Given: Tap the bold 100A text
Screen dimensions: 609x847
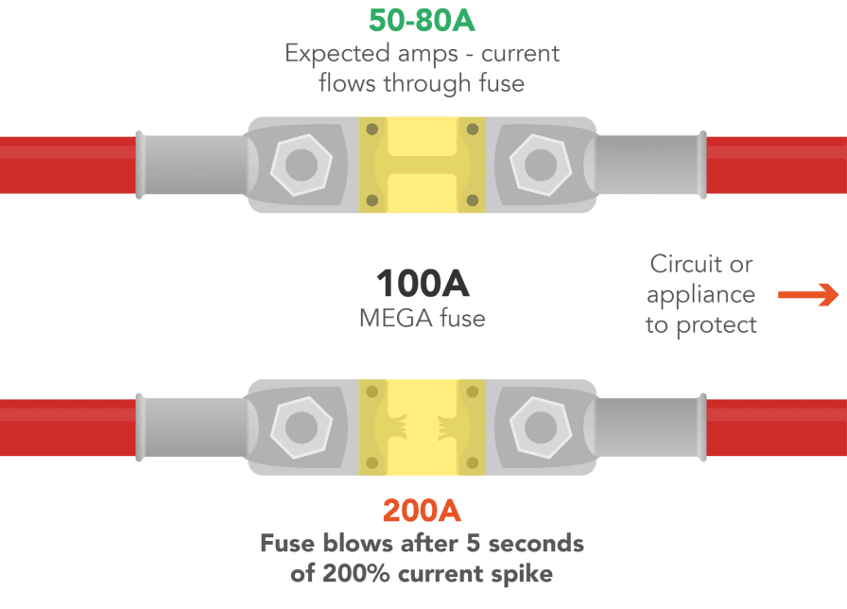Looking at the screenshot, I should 422,284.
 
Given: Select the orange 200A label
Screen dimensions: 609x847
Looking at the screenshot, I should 422,511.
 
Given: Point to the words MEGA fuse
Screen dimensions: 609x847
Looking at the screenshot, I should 422,318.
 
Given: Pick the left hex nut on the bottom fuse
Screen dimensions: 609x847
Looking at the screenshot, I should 302,427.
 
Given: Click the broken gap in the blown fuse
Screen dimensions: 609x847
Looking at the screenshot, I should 422,427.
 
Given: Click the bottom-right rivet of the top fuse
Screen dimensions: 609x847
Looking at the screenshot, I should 473,200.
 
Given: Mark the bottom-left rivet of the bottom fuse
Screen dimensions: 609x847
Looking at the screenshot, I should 372,463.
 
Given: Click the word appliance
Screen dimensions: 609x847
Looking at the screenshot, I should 700,294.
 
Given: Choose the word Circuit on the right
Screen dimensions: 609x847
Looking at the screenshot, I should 700,264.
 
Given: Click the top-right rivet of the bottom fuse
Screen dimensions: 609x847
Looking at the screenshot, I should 473,391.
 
